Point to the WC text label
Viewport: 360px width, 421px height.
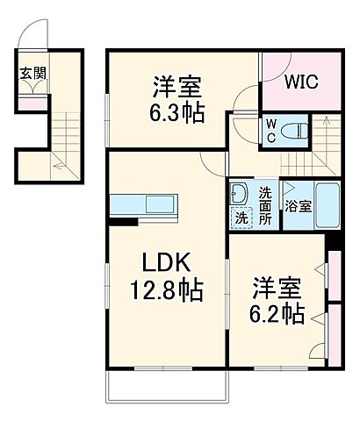tap(271, 131)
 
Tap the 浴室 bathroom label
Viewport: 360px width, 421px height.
tap(297, 208)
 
